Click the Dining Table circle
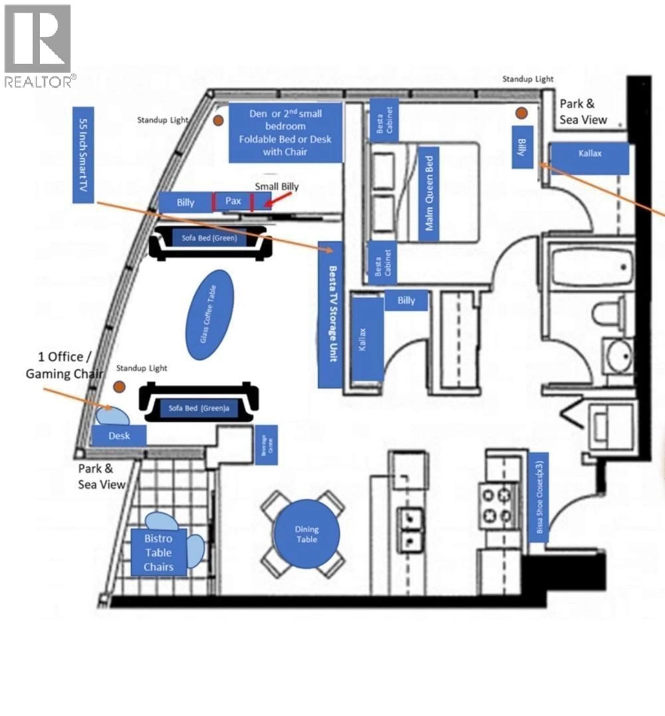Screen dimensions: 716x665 point(307,534)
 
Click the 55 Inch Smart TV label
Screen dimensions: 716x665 point(83,155)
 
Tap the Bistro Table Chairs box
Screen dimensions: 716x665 point(158,552)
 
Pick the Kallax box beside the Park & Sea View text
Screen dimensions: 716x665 point(589,158)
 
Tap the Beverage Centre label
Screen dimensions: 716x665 point(266,445)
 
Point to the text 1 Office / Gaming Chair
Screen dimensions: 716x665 point(64,365)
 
